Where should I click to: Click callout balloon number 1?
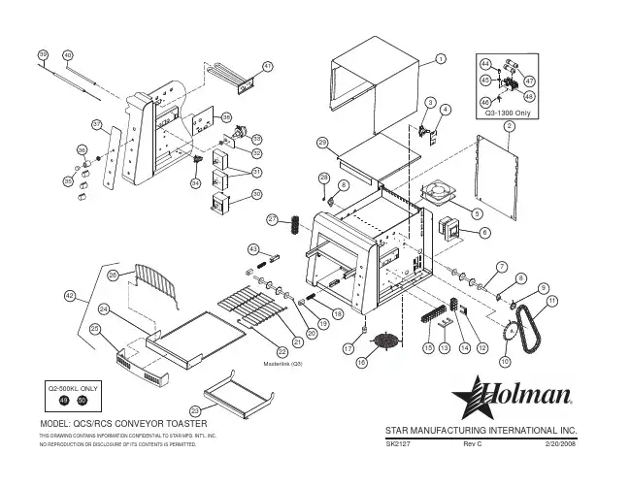click(x=440, y=60)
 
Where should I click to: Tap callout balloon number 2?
click(x=509, y=126)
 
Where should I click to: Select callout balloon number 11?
click(x=552, y=302)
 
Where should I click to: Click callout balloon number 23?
click(x=195, y=413)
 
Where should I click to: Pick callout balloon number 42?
click(x=69, y=294)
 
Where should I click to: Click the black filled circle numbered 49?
click(x=64, y=401)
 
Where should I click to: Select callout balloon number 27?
click(x=273, y=219)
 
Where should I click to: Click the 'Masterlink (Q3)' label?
click(x=283, y=363)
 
